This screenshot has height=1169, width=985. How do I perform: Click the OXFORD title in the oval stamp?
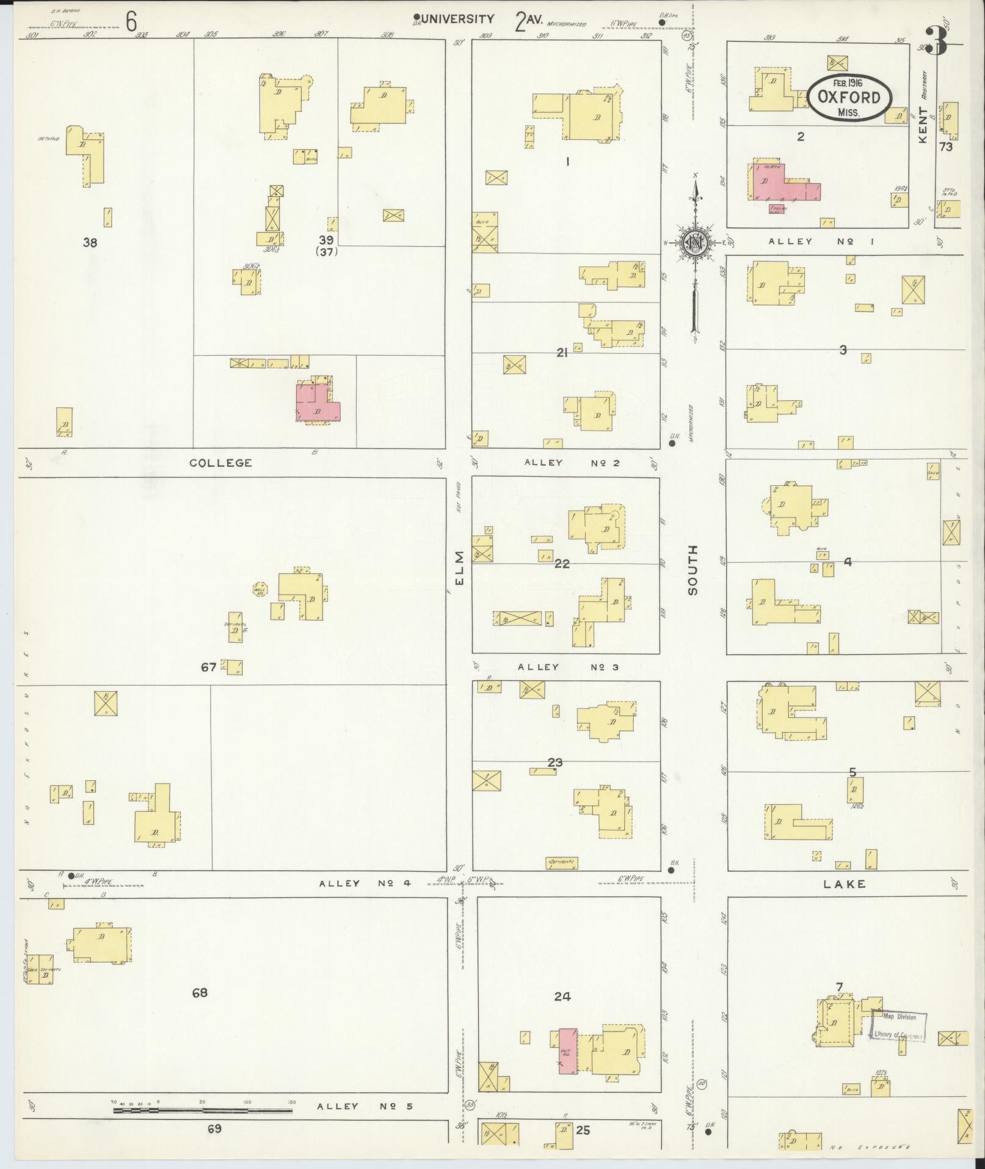[849, 98]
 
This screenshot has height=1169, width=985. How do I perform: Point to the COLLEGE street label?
[220, 463]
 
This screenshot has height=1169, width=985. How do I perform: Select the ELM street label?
[460, 567]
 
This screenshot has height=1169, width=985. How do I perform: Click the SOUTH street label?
[692, 570]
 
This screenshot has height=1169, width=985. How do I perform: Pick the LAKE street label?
[844, 884]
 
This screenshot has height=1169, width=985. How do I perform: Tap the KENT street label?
[922, 125]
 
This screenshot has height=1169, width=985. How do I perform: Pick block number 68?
[200, 993]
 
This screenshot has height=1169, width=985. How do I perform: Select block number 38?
[90, 243]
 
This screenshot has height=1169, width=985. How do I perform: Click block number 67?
[208, 667]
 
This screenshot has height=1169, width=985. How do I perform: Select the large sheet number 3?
[936, 41]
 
